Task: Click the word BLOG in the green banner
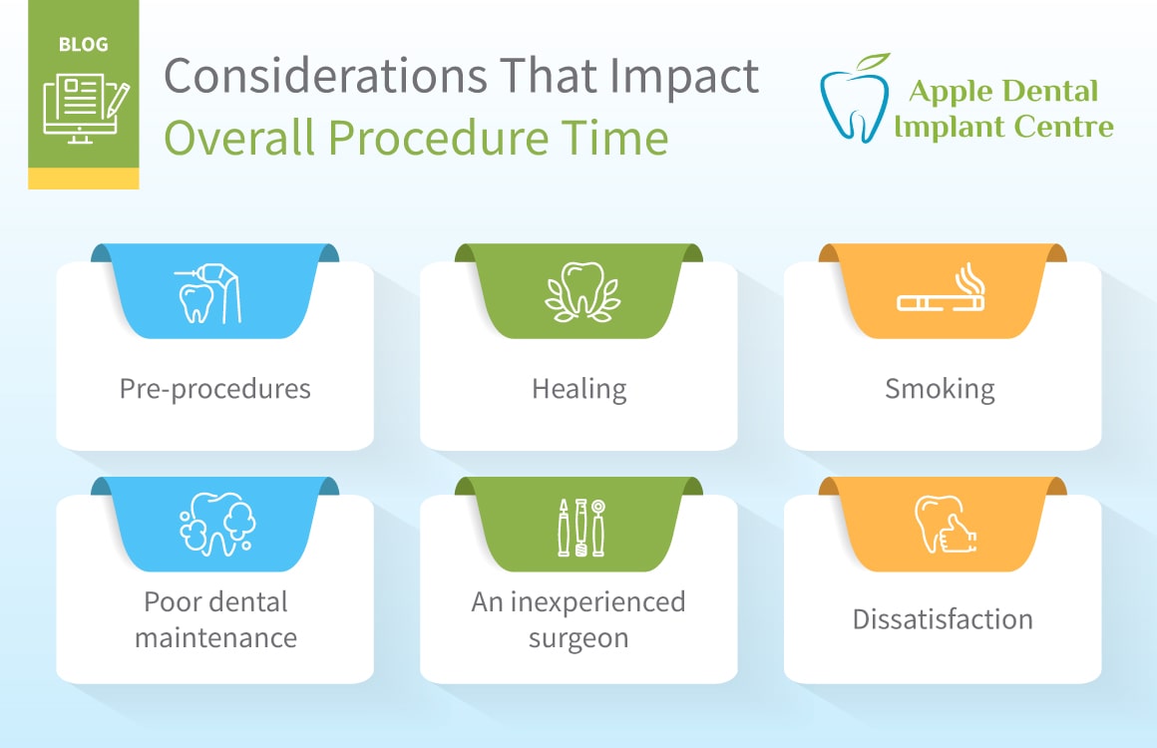click(x=84, y=44)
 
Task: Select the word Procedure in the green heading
click(x=438, y=138)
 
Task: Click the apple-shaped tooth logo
click(x=855, y=98)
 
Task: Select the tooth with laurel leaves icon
click(x=582, y=292)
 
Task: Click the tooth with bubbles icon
click(x=217, y=525)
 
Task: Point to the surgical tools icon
click(x=581, y=528)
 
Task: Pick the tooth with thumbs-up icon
click(x=946, y=525)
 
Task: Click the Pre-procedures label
click(x=214, y=389)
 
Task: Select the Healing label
click(x=579, y=389)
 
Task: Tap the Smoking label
click(x=940, y=389)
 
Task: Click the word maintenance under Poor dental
click(x=215, y=637)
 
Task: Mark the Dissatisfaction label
click(x=943, y=619)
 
